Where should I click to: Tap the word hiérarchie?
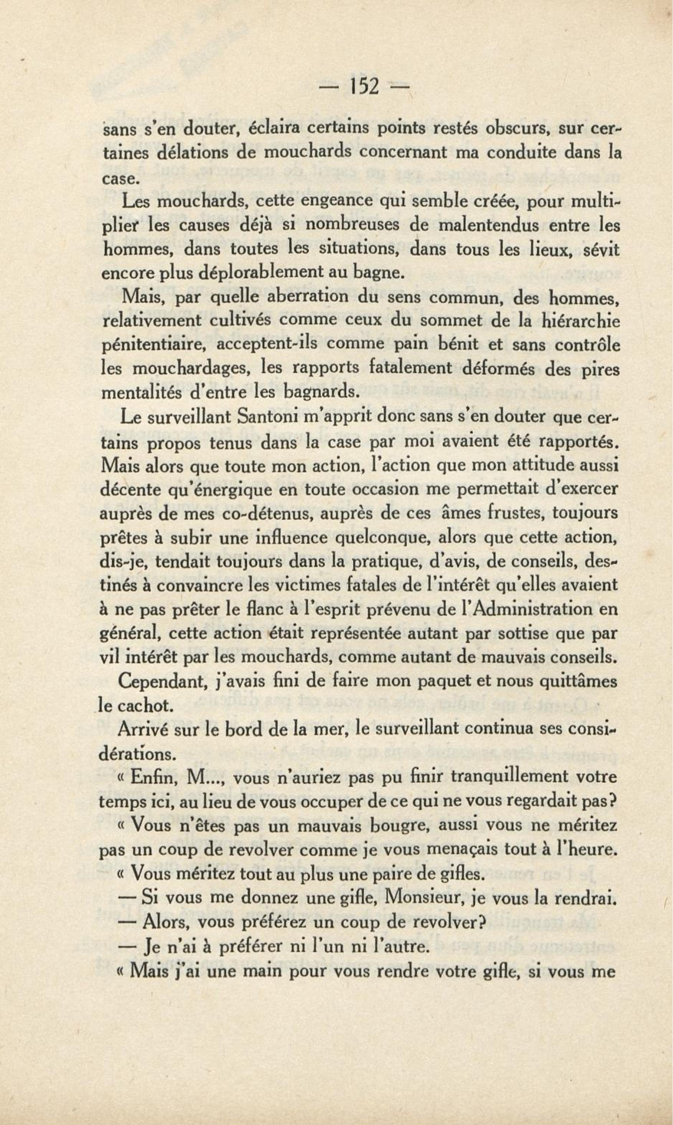point(581,321)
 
